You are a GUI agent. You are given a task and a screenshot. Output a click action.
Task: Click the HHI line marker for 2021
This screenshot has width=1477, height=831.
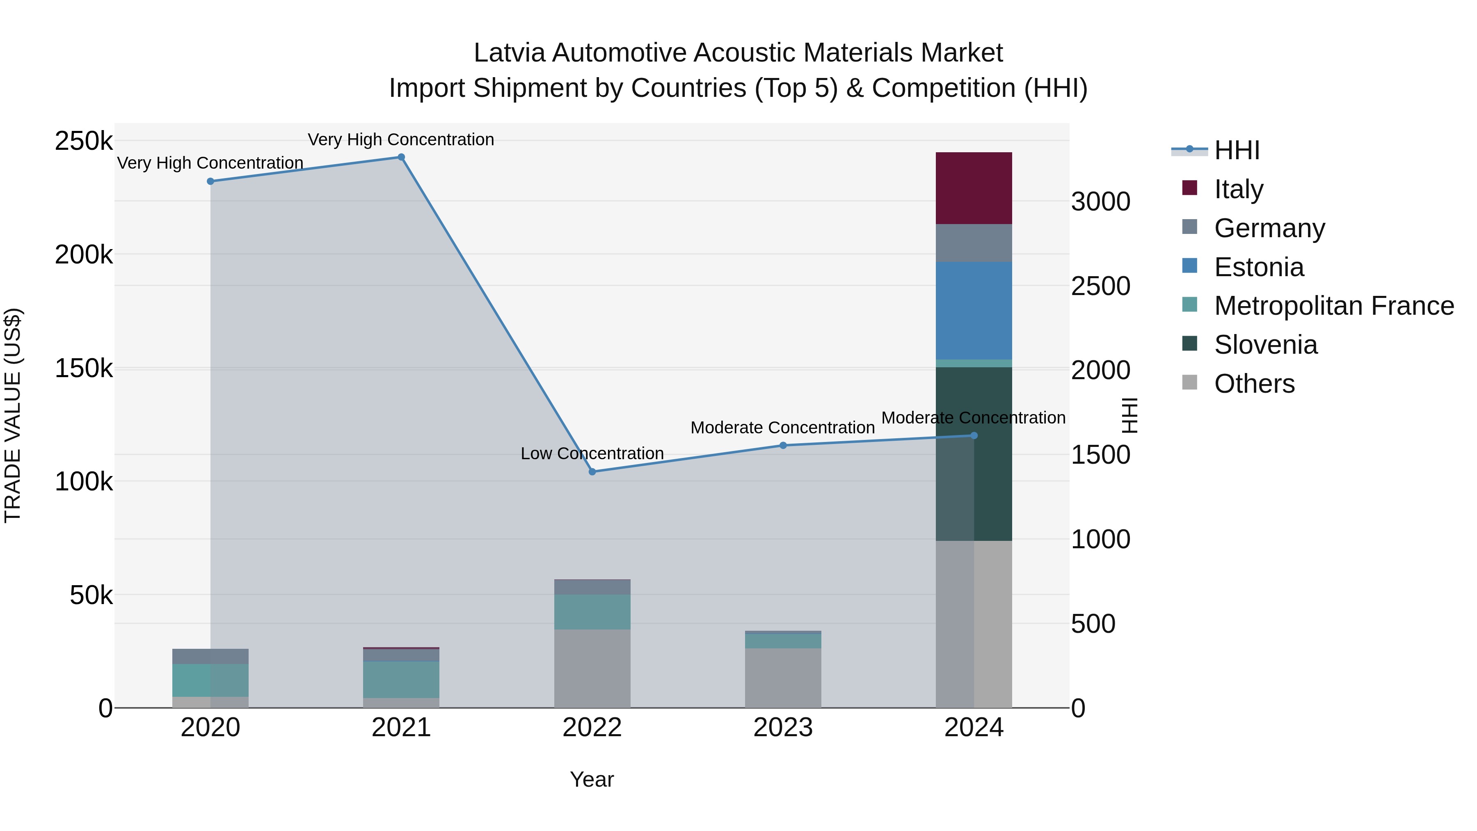tap(401, 157)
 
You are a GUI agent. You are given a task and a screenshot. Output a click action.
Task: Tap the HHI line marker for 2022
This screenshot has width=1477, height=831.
tap(592, 472)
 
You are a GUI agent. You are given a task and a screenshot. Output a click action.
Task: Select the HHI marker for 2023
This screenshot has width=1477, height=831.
tap(783, 446)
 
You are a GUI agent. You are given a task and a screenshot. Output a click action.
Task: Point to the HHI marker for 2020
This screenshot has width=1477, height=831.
tap(210, 181)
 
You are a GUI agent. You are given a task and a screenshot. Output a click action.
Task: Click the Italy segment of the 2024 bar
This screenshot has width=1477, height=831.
tap(974, 188)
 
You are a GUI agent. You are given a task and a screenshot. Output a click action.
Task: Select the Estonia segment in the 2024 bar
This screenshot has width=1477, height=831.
tap(974, 310)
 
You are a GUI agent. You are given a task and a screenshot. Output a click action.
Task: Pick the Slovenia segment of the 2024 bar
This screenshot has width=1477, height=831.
tap(992, 453)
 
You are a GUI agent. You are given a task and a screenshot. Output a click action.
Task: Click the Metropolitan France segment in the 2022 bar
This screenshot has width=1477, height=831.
tap(592, 612)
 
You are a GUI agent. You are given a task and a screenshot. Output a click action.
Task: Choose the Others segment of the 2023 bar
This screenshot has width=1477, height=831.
tap(783, 678)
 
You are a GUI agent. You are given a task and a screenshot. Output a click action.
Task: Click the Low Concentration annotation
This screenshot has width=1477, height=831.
tap(592, 453)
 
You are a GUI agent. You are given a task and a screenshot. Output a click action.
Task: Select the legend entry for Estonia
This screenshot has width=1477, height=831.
tap(1259, 267)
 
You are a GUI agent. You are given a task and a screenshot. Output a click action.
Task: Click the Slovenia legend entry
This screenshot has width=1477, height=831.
tap(1265, 345)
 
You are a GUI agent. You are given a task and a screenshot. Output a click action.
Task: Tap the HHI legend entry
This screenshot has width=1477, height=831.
tap(1237, 150)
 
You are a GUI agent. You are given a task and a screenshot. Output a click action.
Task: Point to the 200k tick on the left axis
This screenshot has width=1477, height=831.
tap(84, 254)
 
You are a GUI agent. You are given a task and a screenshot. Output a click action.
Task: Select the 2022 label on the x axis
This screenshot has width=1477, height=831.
tap(592, 728)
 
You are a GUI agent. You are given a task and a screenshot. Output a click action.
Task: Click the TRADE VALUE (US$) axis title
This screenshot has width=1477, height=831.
tap(13, 415)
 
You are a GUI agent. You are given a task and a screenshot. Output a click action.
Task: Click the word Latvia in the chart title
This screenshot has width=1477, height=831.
tap(509, 53)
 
